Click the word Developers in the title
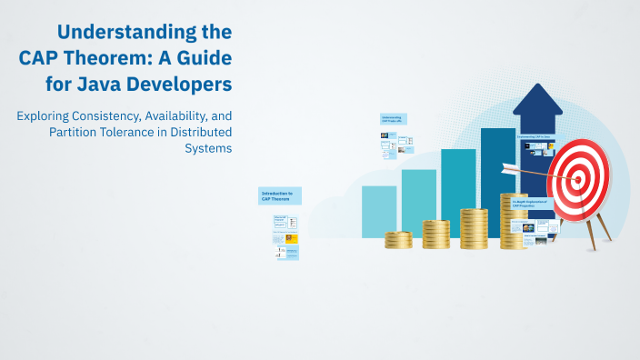[x=182, y=85]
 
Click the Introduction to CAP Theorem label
[x=280, y=195]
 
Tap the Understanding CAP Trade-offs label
[x=393, y=119]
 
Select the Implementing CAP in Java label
[x=535, y=137]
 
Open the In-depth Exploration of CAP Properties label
[x=529, y=204]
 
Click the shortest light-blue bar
[x=379, y=212]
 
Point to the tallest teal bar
[x=498, y=182]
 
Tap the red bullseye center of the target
[x=578, y=178]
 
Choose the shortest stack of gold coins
[x=398, y=240]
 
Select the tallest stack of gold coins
[x=513, y=220]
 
